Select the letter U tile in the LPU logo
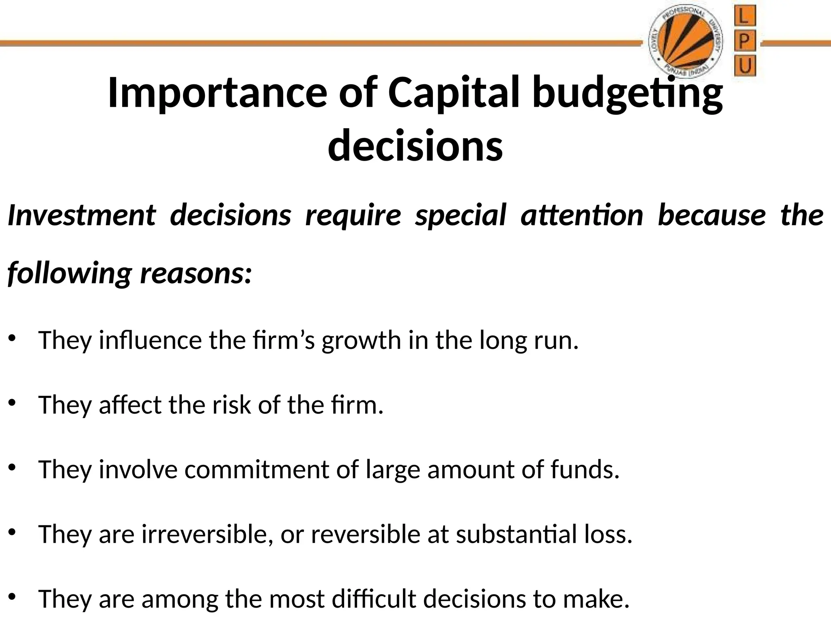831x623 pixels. [745, 66]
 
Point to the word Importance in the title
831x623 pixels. [217, 92]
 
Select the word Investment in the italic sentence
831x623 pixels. [82, 215]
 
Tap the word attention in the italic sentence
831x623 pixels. [582, 215]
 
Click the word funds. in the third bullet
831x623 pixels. [585, 470]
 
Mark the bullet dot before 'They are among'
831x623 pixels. [12, 597]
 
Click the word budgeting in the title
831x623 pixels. [627, 92]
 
